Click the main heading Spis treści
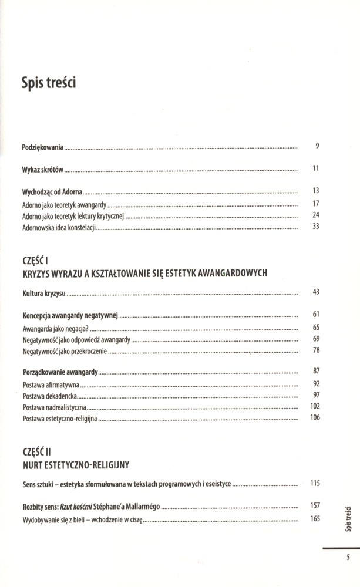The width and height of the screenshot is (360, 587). point(49,83)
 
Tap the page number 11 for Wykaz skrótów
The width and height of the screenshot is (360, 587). point(315,168)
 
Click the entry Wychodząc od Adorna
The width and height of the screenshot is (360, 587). point(52,191)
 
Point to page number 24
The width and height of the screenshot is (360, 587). point(315,215)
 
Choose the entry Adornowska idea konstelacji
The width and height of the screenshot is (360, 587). point(58,227)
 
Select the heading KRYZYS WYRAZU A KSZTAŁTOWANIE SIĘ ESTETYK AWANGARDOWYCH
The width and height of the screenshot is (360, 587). point(144,273)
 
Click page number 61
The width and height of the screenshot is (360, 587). point(315,315)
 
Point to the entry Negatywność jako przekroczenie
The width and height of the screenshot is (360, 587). point(66,351)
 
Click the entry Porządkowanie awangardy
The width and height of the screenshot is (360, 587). point(60,372)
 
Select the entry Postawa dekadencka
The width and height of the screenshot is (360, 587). point(50,396)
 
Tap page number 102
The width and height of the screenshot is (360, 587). point(315,406)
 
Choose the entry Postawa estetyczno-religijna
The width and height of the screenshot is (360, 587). point(60,419)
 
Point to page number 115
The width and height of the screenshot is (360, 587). point(315,484)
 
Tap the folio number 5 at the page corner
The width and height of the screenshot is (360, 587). point(348,558)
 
